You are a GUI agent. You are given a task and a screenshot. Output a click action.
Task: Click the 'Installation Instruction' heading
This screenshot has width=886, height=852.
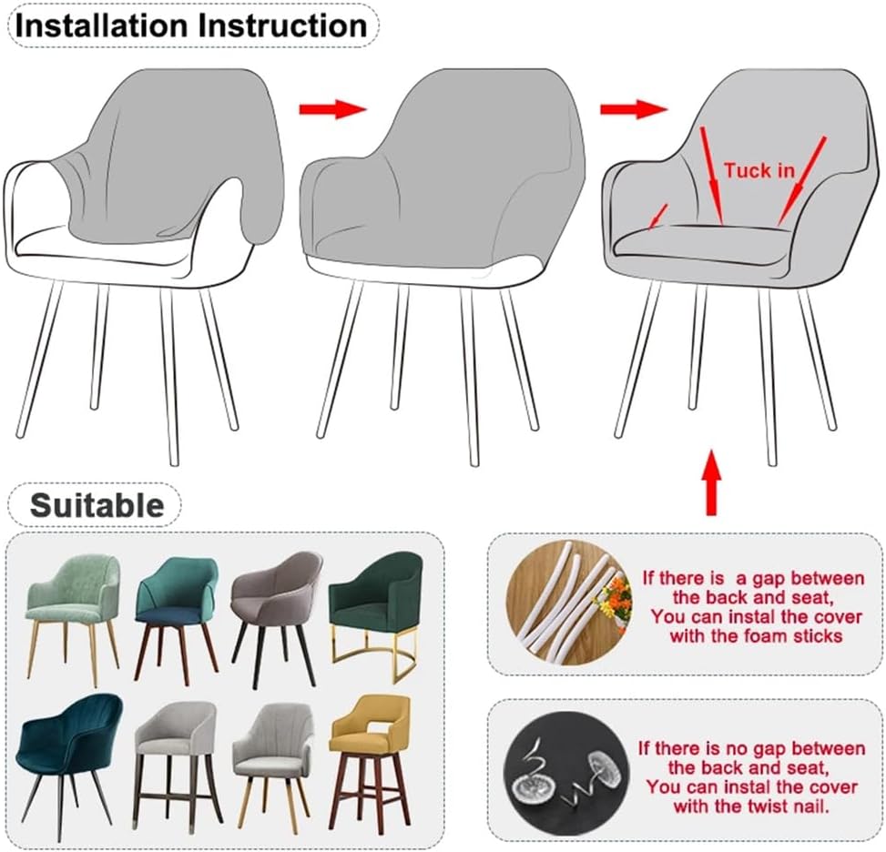191,25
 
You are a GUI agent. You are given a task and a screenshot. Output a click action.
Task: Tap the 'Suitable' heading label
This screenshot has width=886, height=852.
97,504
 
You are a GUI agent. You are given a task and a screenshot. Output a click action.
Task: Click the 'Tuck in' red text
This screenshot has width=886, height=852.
759,170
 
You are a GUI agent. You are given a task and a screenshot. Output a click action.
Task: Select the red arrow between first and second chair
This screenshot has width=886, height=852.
332,109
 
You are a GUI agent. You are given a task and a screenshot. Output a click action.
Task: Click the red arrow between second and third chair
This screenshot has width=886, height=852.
633,109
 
